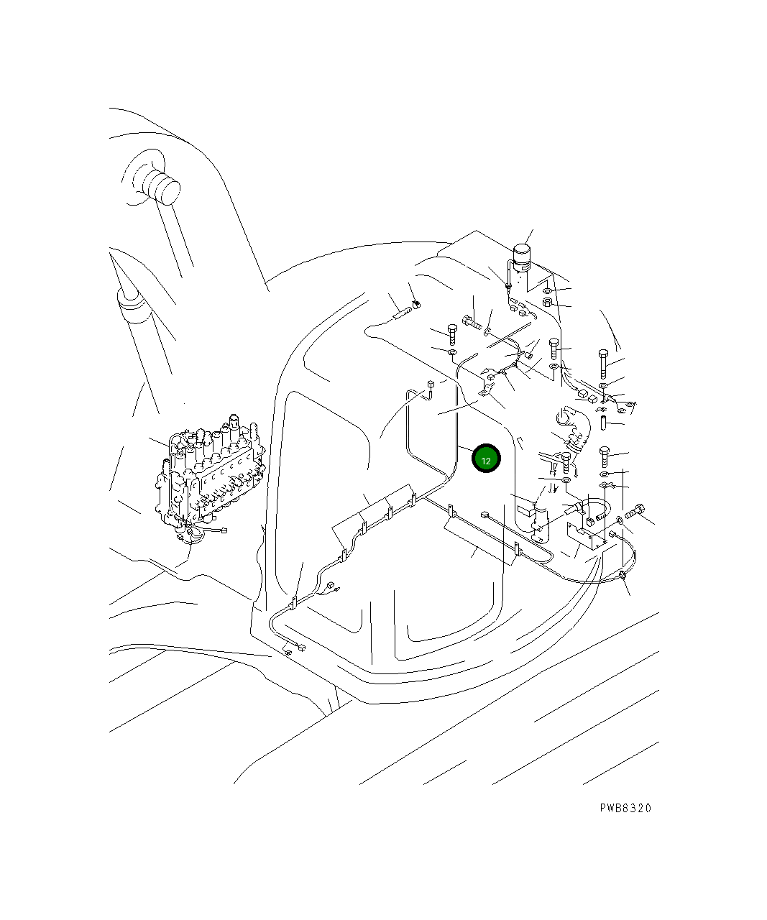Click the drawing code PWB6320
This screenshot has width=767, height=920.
point(625,808)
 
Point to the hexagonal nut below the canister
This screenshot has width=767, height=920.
point(546,303)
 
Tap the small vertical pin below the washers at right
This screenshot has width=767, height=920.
point(603,420)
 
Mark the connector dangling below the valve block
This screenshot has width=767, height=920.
point(222,531)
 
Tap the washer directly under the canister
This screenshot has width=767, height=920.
point(546,290)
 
